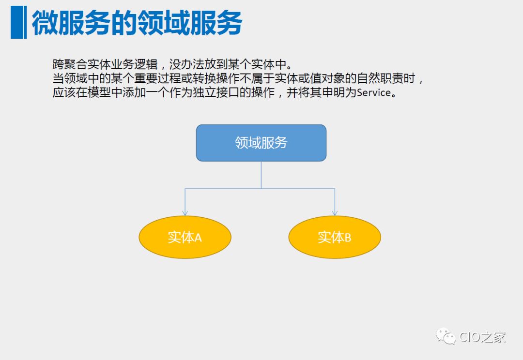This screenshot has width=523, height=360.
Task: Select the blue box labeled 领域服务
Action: tap(261, 143)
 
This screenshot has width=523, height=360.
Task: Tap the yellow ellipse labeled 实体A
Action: tap(185, 237)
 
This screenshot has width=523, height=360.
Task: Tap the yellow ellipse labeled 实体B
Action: tap(335, 237)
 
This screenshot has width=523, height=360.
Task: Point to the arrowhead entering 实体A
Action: tap(185, 212)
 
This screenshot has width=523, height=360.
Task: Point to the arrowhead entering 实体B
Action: tap(335, 212)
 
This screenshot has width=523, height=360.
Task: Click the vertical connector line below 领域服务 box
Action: tap(261, 174)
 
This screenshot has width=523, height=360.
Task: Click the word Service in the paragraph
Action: tap(373, 92)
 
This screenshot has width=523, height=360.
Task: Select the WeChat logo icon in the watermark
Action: tap(446, 336)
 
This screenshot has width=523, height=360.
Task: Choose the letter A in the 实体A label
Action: tap(198, 238)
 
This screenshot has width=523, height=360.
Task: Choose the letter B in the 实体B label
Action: tap(348, 238)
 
